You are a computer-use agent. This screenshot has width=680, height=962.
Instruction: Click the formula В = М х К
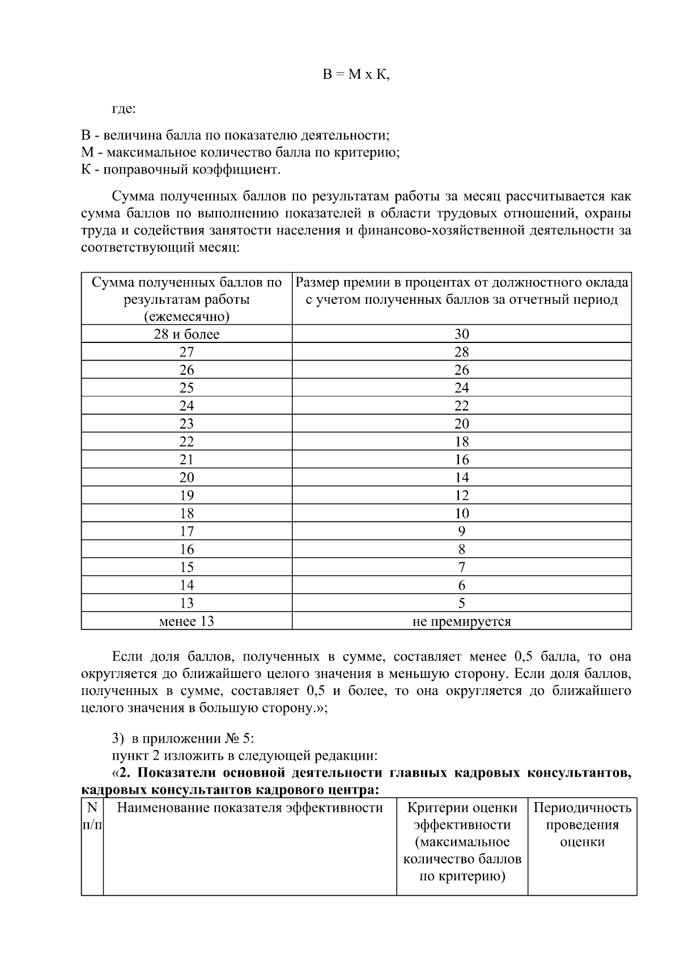coord(356,75)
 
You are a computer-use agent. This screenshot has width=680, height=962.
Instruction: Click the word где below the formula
coord(124,109)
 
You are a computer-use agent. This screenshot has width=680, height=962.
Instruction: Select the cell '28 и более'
coord(186,334)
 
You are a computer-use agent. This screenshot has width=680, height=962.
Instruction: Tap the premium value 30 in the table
coord(461,334)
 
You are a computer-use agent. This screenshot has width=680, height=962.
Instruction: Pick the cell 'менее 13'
coord(186,621)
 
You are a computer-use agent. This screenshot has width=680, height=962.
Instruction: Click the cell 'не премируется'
coord(461,621)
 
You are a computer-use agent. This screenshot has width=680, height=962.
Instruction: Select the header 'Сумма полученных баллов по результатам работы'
coord(186,299)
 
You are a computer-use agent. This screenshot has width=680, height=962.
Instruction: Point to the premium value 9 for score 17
coord(461,531)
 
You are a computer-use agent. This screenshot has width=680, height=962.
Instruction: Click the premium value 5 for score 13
coord(461,603)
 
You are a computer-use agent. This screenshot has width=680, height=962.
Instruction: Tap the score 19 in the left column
coord(186,495)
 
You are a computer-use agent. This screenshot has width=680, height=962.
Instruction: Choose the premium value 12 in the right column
coord(461,495)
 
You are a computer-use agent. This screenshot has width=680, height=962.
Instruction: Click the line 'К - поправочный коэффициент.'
coord(181,169)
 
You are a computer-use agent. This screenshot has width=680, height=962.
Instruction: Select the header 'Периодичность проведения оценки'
coord(582,824)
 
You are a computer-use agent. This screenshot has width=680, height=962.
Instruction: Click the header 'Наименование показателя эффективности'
coord(249,808)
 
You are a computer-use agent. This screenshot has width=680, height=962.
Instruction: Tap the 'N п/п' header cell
coord(92,816)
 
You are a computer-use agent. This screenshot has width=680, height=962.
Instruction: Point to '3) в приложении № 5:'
coord(183,739)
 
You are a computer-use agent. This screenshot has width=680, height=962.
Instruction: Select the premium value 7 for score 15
coord(461,567)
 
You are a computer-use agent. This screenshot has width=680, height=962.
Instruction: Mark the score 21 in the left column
coord(186,460)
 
